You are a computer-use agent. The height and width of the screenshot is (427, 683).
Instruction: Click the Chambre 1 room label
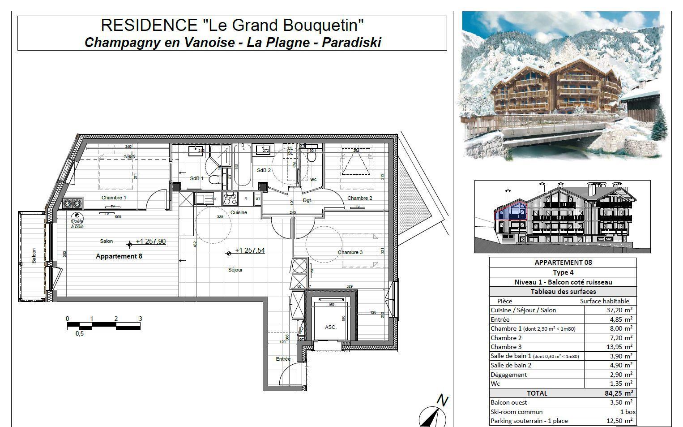(x=114, y=198)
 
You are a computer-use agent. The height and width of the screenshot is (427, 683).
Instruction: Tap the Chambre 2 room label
(x=360, y=198)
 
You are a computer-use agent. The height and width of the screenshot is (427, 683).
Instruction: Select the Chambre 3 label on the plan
(x=350, y=252)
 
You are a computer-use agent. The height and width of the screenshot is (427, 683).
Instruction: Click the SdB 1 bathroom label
(x=196, y=178)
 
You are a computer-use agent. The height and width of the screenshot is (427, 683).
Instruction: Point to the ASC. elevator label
(x=331, y=327)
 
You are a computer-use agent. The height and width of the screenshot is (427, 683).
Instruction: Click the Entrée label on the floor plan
(x=283, y=359)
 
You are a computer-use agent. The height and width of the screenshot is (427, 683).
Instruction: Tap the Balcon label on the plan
(x=34, y=256)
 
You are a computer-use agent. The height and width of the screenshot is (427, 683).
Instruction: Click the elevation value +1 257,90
(x=151, y=242)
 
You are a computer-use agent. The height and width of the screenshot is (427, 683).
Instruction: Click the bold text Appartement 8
(x=119, y=256)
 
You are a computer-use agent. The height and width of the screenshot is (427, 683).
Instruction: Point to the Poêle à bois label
(x=77, y=224)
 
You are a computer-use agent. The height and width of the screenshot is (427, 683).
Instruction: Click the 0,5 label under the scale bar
(x=80, y=333)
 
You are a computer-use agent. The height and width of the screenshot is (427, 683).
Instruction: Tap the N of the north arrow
(x=442, y=401)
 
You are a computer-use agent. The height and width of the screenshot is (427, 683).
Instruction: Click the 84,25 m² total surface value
(x=619, y=393)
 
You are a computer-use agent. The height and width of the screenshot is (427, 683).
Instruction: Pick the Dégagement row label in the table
(x=508, y=375)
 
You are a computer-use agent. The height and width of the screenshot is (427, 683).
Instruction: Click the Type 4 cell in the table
(x=563, y=272)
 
